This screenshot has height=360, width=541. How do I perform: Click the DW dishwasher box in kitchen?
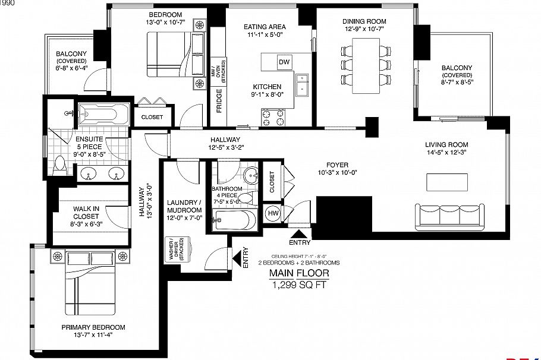[x=284, y=62]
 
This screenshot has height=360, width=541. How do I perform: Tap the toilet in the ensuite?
[x=59, y=164]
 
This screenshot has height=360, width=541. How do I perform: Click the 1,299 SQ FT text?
[x=299, y=285]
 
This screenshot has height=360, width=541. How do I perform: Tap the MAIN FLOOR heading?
[x=298, y=273]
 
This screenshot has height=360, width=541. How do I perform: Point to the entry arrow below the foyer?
[x=299, y=232]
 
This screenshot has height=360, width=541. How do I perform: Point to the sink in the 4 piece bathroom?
[x=251, y=176]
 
